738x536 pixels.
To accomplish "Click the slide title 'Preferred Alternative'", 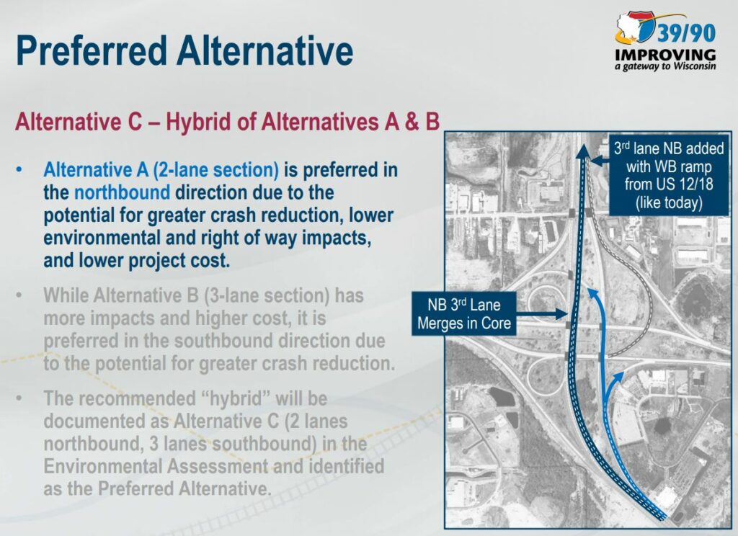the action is [x=184, y=50].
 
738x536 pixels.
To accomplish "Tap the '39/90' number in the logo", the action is [x=686, y=33].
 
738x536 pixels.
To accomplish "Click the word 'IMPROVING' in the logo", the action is [x=665, y=55].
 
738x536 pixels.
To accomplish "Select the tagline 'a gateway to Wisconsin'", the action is [x=665, y=66].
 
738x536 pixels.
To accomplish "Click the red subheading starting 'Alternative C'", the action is [x=227, y=122].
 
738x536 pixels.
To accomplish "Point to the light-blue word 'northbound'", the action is [x=122, y=192].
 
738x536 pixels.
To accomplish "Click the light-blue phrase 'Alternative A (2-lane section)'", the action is [x=161, y=170].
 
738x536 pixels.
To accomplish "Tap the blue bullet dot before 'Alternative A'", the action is [x=19, y=170].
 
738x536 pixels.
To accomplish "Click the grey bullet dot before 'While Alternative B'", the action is [x=19, y=295].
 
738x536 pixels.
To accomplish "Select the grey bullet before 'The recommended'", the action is [x=19, y=398].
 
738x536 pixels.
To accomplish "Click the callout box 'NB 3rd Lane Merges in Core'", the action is [x=464, y=314].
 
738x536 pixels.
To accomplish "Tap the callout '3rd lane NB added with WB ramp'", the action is [x=669, y=176].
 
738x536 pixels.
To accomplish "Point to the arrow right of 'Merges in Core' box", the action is [x=542, y=313].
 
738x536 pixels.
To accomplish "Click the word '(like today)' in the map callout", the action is [x=669, y=203].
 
